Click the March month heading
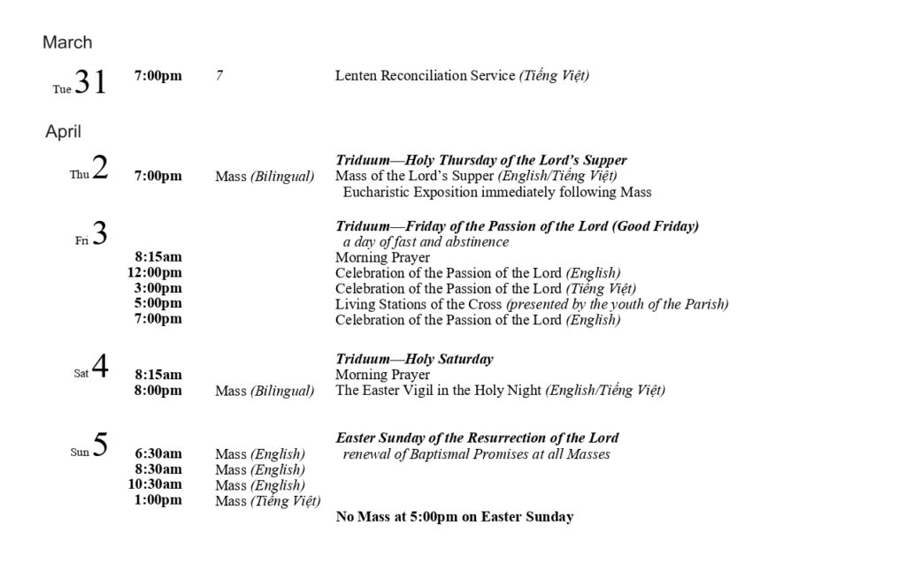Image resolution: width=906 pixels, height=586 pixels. (67, 42)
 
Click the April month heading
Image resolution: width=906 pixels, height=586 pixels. (64, 132)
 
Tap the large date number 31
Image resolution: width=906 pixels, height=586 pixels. (90, 82)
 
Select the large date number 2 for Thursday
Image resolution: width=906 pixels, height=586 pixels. (100, 168)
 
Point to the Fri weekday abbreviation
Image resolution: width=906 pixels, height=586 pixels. (82, 240)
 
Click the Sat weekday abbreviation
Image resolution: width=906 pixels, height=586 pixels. (81, 373)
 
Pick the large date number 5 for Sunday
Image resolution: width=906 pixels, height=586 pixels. (100, 445)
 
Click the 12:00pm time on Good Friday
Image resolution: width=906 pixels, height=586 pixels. (155, 272)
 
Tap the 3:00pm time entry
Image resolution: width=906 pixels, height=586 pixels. (158, 288)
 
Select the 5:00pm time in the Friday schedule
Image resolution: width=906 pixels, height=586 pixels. (158, 303)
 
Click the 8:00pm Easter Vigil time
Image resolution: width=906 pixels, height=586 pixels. (158, 390)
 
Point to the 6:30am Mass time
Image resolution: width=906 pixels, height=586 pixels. (158, 453)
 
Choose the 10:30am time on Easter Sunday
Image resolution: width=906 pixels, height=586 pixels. (155, 484)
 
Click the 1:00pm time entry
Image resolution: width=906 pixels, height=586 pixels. (158, 500)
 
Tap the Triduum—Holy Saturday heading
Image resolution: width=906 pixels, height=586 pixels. (414, 359)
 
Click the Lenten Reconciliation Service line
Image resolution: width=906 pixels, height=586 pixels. (462, 76)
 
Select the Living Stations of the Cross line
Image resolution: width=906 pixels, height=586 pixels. (532, 304)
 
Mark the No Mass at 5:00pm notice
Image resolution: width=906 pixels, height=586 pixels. (454, 516)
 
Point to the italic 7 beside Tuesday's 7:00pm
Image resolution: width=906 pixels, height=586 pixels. (219, 76)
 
